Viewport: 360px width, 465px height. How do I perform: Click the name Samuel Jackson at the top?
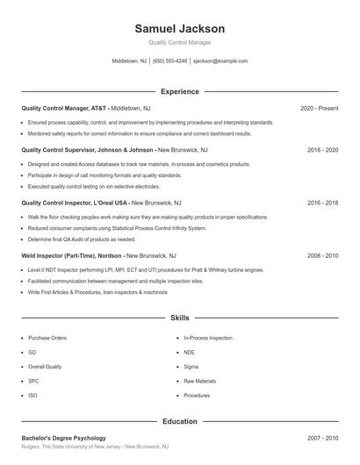point(179,29)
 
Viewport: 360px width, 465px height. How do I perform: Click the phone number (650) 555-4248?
point(169,61)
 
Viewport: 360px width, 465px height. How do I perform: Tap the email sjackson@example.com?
point(220,61)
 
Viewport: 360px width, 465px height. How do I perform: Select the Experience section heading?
point(179,91)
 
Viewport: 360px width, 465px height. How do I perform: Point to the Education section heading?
point(179,421)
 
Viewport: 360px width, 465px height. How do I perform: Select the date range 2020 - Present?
point(319,108)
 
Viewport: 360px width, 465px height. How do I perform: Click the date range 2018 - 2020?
point(322,150)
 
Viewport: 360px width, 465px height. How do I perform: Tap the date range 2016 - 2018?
point(322,203)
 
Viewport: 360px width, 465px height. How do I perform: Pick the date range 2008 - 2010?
point(322,255)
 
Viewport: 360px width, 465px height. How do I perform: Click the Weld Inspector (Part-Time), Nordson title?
point(71,255)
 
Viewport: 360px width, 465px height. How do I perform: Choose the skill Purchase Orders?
point(47,338)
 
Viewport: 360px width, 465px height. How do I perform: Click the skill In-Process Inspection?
point(208,338)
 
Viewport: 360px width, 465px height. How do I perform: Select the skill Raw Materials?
point(199,381)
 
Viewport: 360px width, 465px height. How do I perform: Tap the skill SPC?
point(33,381)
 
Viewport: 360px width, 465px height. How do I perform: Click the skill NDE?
point(190,352)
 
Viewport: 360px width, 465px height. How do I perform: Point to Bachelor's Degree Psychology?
point(63,438)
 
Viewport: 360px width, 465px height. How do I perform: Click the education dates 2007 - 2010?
point(322,438)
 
